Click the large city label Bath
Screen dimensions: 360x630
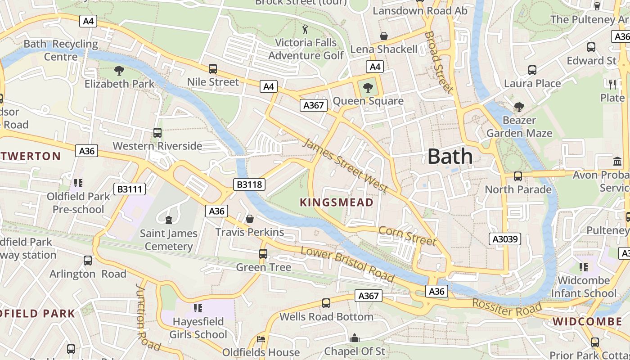coord(450,157)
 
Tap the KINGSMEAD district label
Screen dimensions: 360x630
coord(337,202)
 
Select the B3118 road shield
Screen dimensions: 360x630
coord(249,184)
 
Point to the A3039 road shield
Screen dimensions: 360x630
coord(505,238)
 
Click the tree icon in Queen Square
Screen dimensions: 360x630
coord(368,87)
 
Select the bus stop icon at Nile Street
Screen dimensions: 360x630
coord(213,69)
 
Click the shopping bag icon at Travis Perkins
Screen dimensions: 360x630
coord(250,219)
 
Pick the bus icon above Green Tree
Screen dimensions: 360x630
coord(263,254)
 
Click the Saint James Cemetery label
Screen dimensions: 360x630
coord(169,239)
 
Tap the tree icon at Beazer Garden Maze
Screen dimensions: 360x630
coord(519,107)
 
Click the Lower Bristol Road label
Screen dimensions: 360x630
coord(347,264)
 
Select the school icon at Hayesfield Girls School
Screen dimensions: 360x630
coord(198,308)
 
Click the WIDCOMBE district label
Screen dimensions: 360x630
coord(587,321)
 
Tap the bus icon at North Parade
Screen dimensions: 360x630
coord(518,176)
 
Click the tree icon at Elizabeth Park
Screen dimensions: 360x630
coord(119,71)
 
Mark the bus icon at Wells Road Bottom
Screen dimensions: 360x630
coord(326,303)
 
